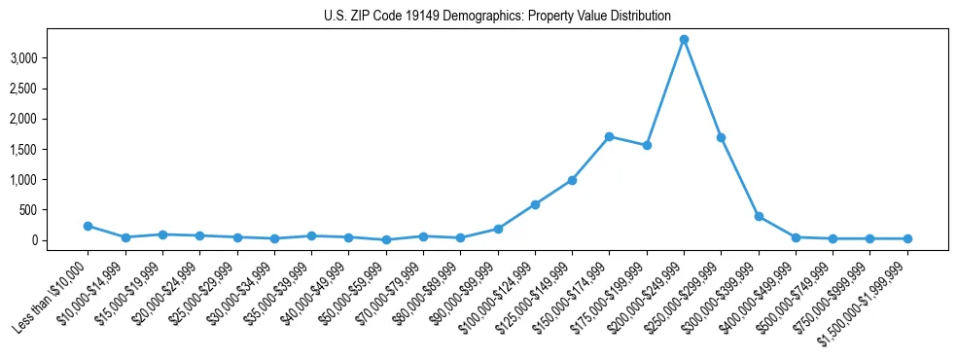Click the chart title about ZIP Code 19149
[x=497, y=16]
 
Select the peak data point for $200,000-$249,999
[x=684, y=39]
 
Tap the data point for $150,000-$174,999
[x=609, y=136]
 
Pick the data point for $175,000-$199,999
[x=647, y=145]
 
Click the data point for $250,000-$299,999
[x=721, y=137]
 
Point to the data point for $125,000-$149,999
[x=572, y=180]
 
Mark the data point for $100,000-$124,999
[x=535, y=204]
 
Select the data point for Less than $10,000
[x=88, y=226]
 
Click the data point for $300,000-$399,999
[x=759, y=216]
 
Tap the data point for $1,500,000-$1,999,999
[x=907, y=238]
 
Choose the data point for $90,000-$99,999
[x=498, y=229]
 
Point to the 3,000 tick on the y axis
[x=51, y=58]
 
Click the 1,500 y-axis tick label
[x=51, y=149]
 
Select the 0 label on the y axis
[x=60, y=240]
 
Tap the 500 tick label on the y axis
[x=55, y=210]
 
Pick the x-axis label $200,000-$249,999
[x=650, y=293]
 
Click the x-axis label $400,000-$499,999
[x=762, y=293]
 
